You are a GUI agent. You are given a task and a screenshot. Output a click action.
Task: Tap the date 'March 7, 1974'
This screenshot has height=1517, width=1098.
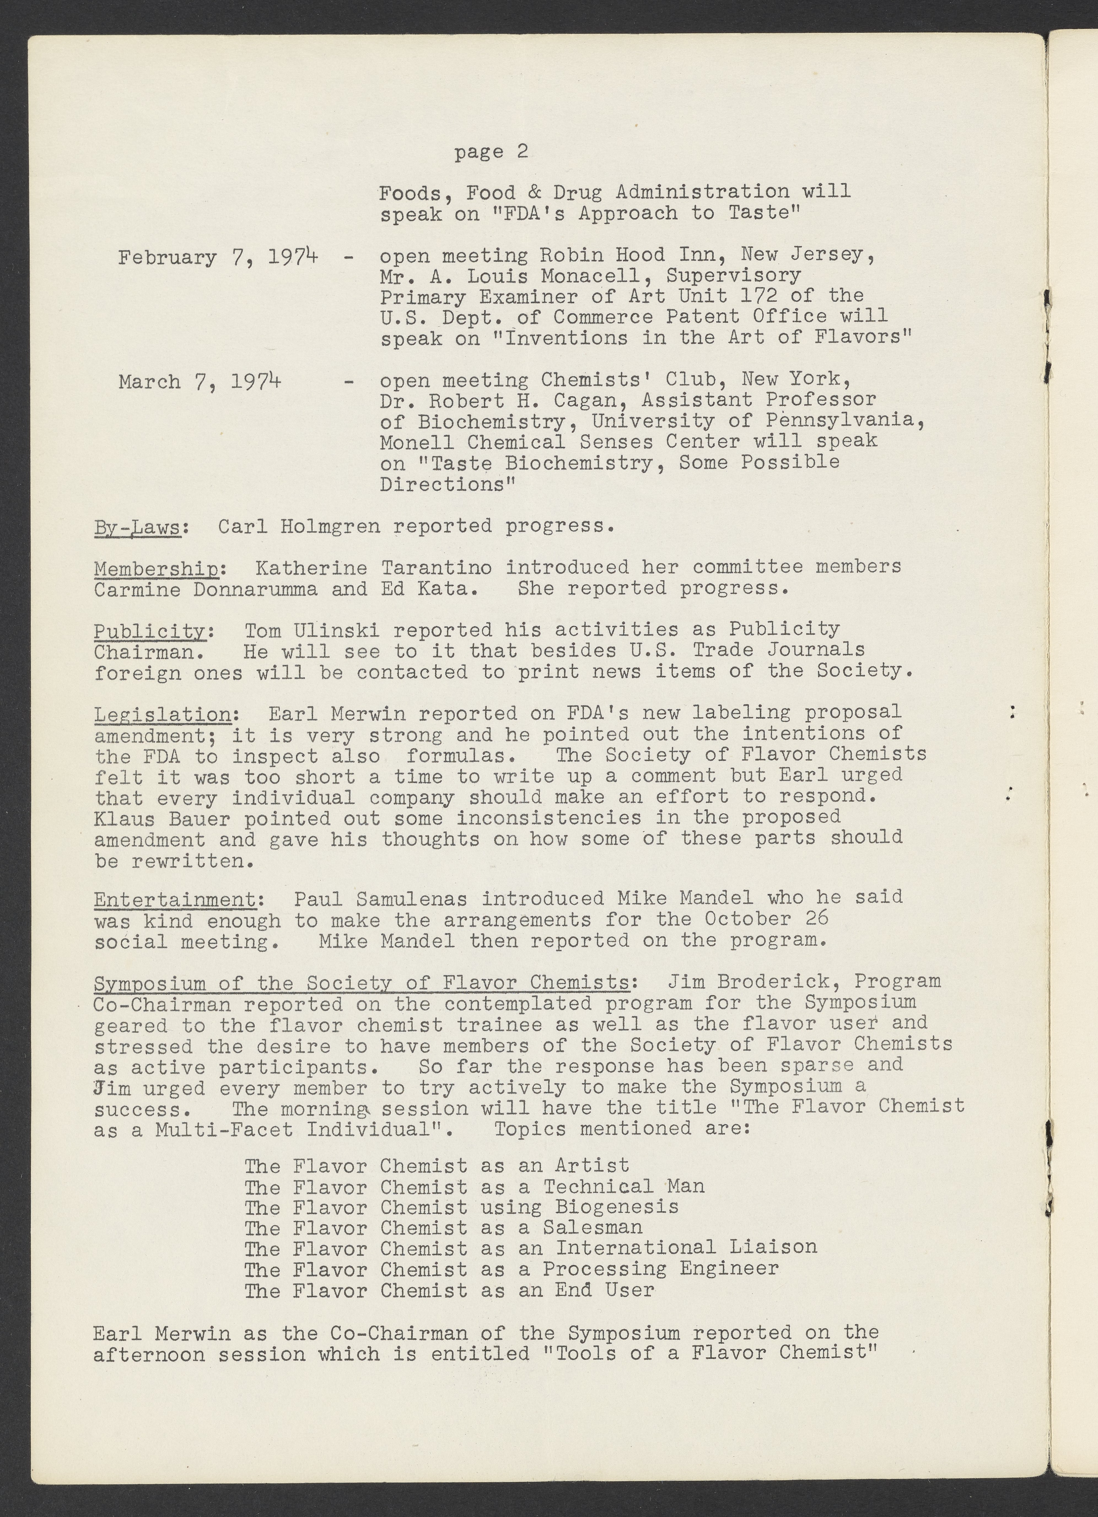click(x=199, y=382)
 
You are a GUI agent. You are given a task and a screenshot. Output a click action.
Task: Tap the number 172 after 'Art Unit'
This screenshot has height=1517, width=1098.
click(x=753, y=296)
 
